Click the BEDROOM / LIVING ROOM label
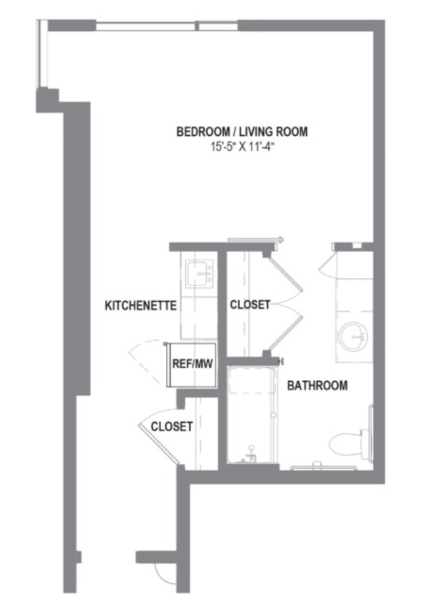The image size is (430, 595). (x=242, y=131)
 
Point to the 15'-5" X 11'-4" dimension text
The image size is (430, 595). (x=242, y=147)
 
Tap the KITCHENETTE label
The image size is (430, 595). (x=140, y=306)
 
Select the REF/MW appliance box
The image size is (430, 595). (x=192, y=365)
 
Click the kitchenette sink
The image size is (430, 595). (x=199, y=273)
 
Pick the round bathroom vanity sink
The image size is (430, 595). (x=354, y=336)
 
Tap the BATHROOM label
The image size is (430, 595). (x=317, y=386)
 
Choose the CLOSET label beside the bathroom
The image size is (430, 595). (x=250, y=304)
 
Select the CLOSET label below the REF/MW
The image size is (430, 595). (x=172, y=426)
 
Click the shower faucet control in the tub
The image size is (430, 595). (x=250, y=454)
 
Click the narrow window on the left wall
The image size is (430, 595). (x=42, y=54)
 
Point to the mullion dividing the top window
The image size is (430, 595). (x=197, y=26)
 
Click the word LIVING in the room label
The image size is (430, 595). (x=257, y=131)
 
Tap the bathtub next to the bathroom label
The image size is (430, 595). (x=252, y=414)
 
